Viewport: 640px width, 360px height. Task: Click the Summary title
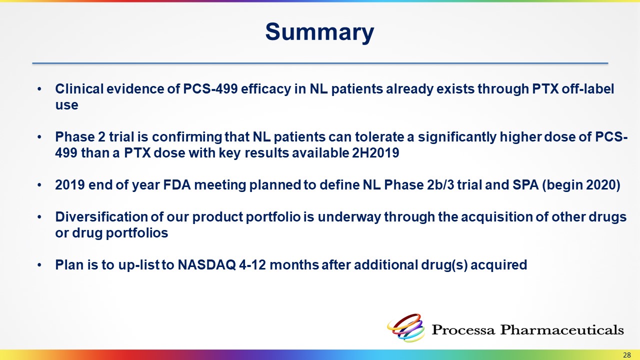click(x=319, y=32)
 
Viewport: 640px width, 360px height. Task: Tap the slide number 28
click(x=627, y=355)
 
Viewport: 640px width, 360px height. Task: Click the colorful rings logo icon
click(x=406, y=327)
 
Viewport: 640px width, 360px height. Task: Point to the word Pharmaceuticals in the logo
click(x=561, y=329)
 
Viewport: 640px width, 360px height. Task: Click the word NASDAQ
click(x=207, y=264)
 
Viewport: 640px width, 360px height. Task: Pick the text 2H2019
click(x=375, y=153)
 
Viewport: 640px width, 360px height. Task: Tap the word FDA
click(x=177, y=185)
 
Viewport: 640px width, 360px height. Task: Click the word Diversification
click(x=101, y=217)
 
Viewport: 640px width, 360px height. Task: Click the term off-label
click(x=587, y=89)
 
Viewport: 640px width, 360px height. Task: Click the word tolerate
click(x=379, y=137)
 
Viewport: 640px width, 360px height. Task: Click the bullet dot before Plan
click(x=39, y=265)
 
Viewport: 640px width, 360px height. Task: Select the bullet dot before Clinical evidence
click(x=39, y=89)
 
